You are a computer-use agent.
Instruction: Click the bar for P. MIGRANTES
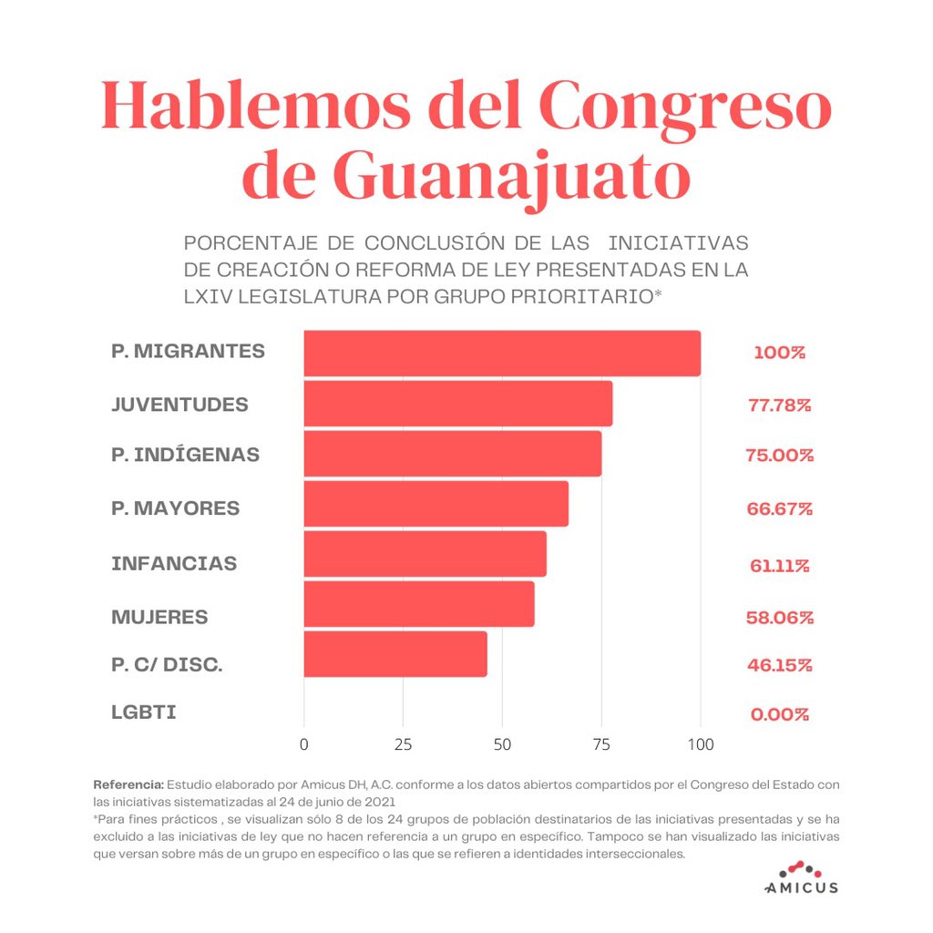(x=501, y=354)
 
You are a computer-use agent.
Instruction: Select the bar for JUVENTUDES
(x=457, y=404)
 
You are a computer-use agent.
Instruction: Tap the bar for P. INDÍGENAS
(x=452, y=454)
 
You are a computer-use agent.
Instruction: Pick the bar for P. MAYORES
(x=436, y=504)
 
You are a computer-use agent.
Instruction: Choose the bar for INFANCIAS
(x=425, y=554)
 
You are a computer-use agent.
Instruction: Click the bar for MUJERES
(x=418, y=604)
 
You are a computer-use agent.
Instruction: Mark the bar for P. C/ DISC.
(x=395, y=654)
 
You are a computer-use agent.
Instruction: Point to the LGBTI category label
(x=144, y=713)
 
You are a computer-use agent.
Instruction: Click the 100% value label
(x=779, y=353)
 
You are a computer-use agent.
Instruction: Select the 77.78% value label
(x=779, y=405)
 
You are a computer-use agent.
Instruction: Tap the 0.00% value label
(x=779, y=714)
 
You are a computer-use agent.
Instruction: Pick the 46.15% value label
(x=779, y=665)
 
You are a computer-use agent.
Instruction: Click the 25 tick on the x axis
(x=403, y=743)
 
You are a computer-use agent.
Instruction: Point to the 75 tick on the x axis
(x=601, y=743)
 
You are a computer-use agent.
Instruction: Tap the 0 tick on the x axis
(x=303, y=743)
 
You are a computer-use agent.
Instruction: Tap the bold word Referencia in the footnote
(x=128, y=784)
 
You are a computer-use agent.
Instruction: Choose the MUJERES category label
(x=159, y=617)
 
